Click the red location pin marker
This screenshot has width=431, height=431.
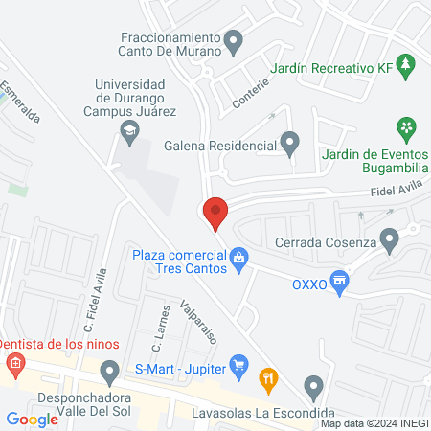215,212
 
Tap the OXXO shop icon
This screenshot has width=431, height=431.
338,281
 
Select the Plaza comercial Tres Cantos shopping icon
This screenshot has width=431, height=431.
239,257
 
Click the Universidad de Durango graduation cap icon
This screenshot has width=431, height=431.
129,131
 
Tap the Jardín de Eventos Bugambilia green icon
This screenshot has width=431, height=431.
407,126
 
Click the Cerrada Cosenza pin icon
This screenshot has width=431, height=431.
389,239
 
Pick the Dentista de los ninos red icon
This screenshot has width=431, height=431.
14,363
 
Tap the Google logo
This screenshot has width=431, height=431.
33,420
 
